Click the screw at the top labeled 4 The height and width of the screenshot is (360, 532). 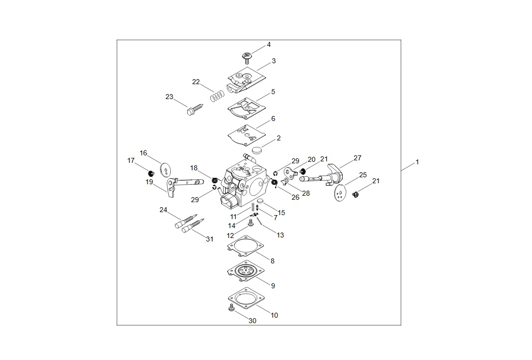tap(247, 57)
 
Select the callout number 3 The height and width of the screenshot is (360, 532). tap(273, 61)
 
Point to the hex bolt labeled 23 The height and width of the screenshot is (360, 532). tap(195, 111)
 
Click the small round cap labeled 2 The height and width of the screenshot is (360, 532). tap(257, 149)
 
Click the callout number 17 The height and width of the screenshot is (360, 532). tap(131, 160)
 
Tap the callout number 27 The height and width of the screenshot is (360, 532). tap(358, 158)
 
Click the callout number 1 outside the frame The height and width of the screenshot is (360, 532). tap(417, 162)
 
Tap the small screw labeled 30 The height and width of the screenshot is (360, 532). tap(231, 309)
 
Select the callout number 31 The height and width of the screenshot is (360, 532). tap(210, 239)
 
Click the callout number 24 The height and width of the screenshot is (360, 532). tap(163, 210)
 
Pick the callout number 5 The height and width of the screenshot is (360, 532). tap(273, 92)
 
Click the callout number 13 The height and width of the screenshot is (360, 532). tap(280, 235)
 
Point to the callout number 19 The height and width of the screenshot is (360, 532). tap(149, 182)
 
